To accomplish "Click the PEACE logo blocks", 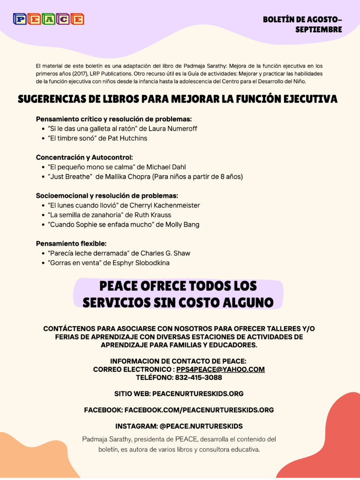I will (x=49, y=19).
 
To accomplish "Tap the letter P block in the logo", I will (x=20, y=19).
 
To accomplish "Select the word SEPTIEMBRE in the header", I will (x=318, y=30).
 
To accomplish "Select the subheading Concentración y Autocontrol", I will (x=84, y=157).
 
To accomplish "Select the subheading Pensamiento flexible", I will (x=71, y=244).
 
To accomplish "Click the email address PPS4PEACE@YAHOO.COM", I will (x=220, y=369).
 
